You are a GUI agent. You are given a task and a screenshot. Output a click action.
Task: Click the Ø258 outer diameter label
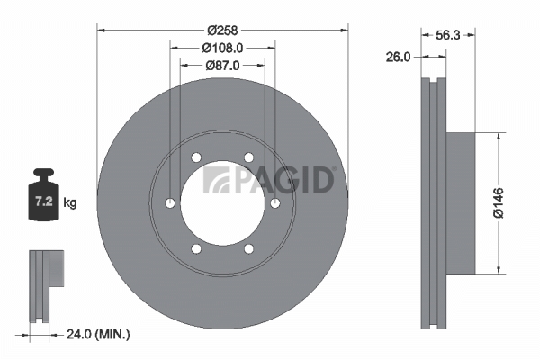click(222, 31)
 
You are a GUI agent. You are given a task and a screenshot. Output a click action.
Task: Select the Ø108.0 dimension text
click(222, 48)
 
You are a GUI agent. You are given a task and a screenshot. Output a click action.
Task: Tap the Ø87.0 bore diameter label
click(222, 65)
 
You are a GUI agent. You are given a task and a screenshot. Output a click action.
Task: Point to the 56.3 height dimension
click(447, 35)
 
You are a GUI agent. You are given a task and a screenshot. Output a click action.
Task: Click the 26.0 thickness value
click(398, 58)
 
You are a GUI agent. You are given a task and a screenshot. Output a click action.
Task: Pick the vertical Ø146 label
click(499, 202)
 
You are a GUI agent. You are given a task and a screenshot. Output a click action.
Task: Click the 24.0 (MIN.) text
click(98, 334)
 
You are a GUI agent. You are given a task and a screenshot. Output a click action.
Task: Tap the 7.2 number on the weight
click(44, 202)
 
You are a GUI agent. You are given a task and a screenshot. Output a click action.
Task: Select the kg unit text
click(70, 202)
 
